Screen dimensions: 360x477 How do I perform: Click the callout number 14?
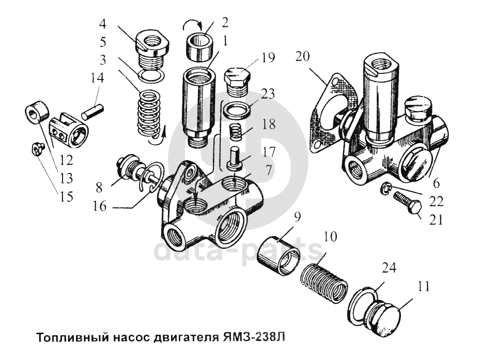pyautogui.click(x=97, y=79)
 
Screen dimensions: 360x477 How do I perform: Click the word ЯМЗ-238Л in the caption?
pyautogui.click(x=254, y=339)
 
